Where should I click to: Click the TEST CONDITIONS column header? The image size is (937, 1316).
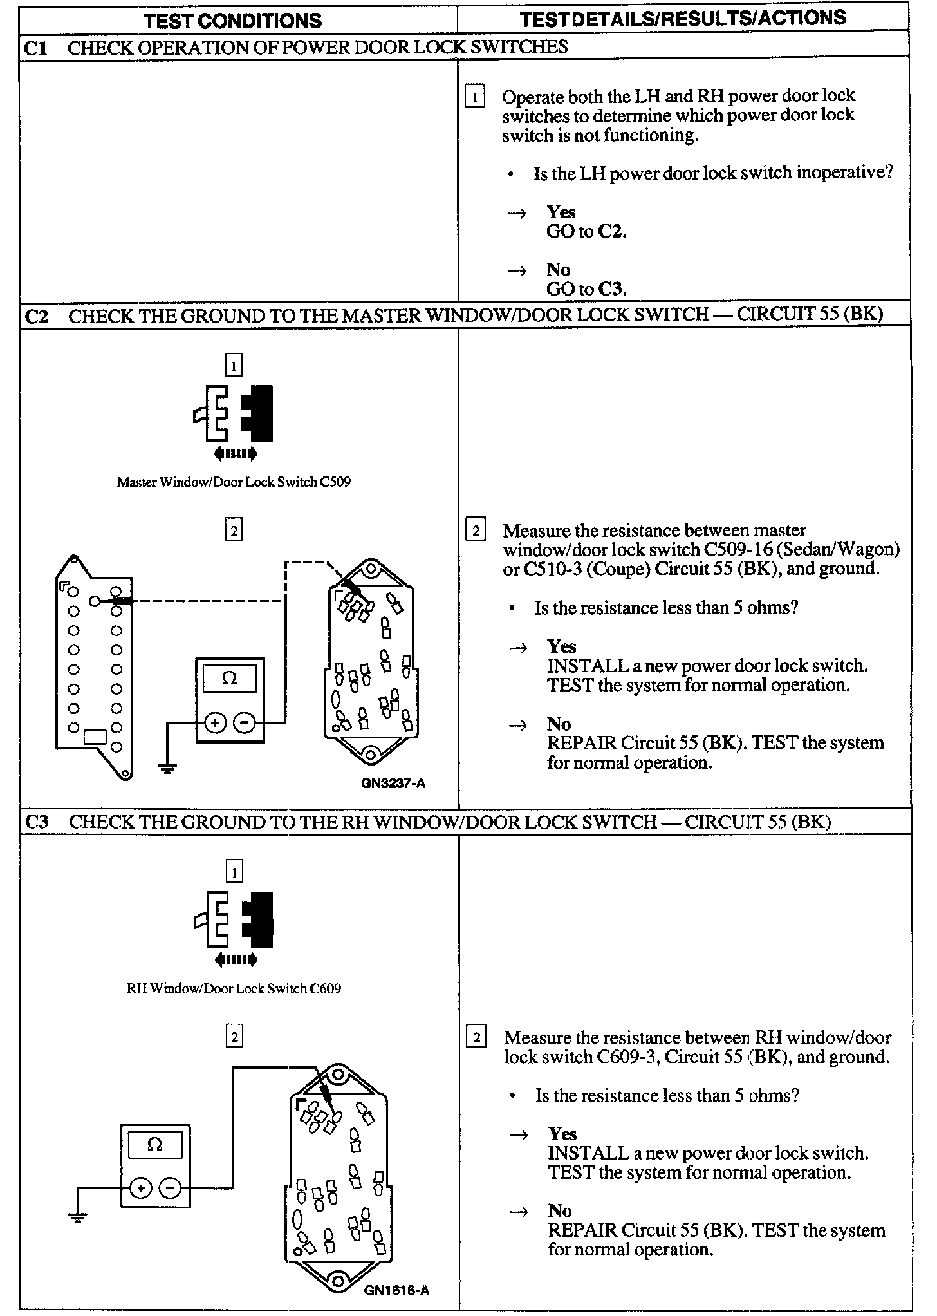point(233,21)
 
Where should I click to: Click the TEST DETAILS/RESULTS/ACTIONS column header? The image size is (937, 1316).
point(683,19)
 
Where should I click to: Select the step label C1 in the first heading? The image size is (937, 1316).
point(35,48)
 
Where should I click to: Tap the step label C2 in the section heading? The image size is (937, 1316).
point(36,316)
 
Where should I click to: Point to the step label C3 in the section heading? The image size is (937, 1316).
point(36,822)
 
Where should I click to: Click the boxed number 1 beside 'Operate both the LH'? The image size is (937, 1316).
point(475,97)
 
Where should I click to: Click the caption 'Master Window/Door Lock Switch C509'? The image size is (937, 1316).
point(234,482)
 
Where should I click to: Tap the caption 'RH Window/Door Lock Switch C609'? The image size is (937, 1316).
point(234,988)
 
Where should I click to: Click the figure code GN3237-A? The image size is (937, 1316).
point(393,784)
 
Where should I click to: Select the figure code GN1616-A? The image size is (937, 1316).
point(396,1290)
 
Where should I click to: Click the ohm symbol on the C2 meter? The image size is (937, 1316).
point(229,679)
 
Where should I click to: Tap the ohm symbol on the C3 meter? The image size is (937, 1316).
point(154,1144)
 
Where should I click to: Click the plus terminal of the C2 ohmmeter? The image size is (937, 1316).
point(215,724)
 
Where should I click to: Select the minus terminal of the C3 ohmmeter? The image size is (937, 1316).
point(170,1187)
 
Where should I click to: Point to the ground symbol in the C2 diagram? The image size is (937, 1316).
point(167,767)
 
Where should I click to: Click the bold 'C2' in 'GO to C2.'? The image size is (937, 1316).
point(611,232)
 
